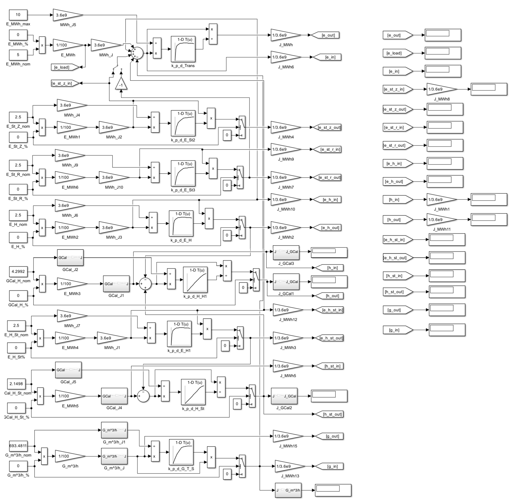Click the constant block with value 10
[x=18, y=15]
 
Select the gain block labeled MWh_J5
[x=67, y=15]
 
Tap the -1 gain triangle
[x=121, y=84]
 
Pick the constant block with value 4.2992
[x=18, y=271]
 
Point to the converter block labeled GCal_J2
[x=70, y=258]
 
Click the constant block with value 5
[x=18, y=55]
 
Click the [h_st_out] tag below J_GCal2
[x=330, y=414]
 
